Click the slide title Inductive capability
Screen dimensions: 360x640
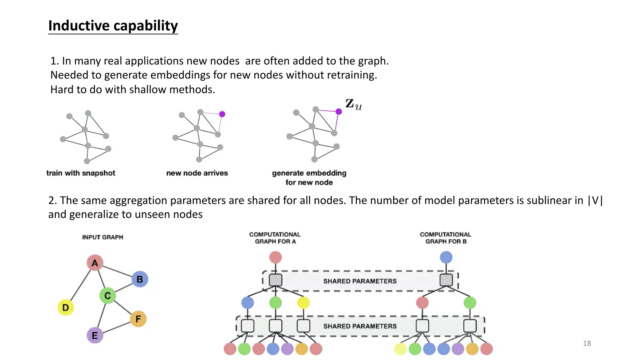click(113, 26)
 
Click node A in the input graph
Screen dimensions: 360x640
click(95, 263)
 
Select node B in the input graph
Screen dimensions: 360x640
click(140, 279)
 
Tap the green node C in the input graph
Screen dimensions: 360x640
click(107, 295)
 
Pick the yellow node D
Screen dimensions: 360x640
click(66, 307)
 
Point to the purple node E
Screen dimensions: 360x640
click(95, 335)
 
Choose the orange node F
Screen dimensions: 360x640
click(138, 319)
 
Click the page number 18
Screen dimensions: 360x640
click(587, 343)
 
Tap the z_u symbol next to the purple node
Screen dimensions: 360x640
click(353, 104)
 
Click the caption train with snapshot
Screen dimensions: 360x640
click(81, 173)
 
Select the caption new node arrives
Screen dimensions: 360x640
click(197, 173)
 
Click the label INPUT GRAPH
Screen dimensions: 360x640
click(102, 237)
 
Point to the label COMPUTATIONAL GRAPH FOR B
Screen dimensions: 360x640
click(446, 238)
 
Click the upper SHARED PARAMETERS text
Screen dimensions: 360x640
click(360, 281)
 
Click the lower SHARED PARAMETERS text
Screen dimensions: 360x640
click(360, 326)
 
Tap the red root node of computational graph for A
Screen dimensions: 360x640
click(275, 257)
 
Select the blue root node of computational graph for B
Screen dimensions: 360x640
click(446, 257)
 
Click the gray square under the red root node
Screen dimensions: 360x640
click(275, 280)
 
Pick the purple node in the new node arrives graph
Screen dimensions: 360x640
click(222, 114)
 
